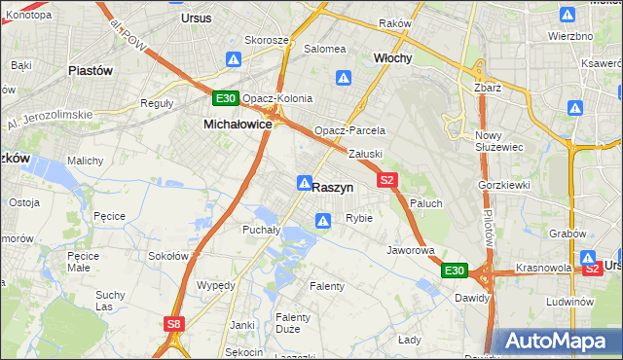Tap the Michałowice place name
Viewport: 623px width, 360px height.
tap(237, 125)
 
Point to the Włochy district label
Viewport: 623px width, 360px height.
tap(393, 58)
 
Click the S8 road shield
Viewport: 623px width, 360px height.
tap(173, 324)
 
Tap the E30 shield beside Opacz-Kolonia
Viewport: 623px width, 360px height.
tap(225, 98)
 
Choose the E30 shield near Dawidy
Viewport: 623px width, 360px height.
tap(455, 270)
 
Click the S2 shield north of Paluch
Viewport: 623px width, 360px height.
tap(387, 180)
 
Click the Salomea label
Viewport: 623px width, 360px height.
tap(325, 49)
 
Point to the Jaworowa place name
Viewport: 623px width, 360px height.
tap(410, 250)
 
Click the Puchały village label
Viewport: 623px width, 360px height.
tap(261, 231)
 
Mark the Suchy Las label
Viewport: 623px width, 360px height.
tap(111, 300)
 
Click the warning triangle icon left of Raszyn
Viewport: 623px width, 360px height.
tap(305, 183)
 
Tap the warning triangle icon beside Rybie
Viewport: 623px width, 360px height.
tap(322, 222)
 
